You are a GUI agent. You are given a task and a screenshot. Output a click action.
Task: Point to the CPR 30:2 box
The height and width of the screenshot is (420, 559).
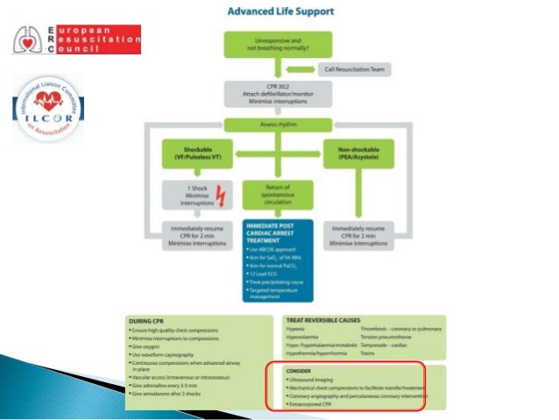point(279,94)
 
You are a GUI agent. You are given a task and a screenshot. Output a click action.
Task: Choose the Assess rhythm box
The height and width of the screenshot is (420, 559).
point(279,125)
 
